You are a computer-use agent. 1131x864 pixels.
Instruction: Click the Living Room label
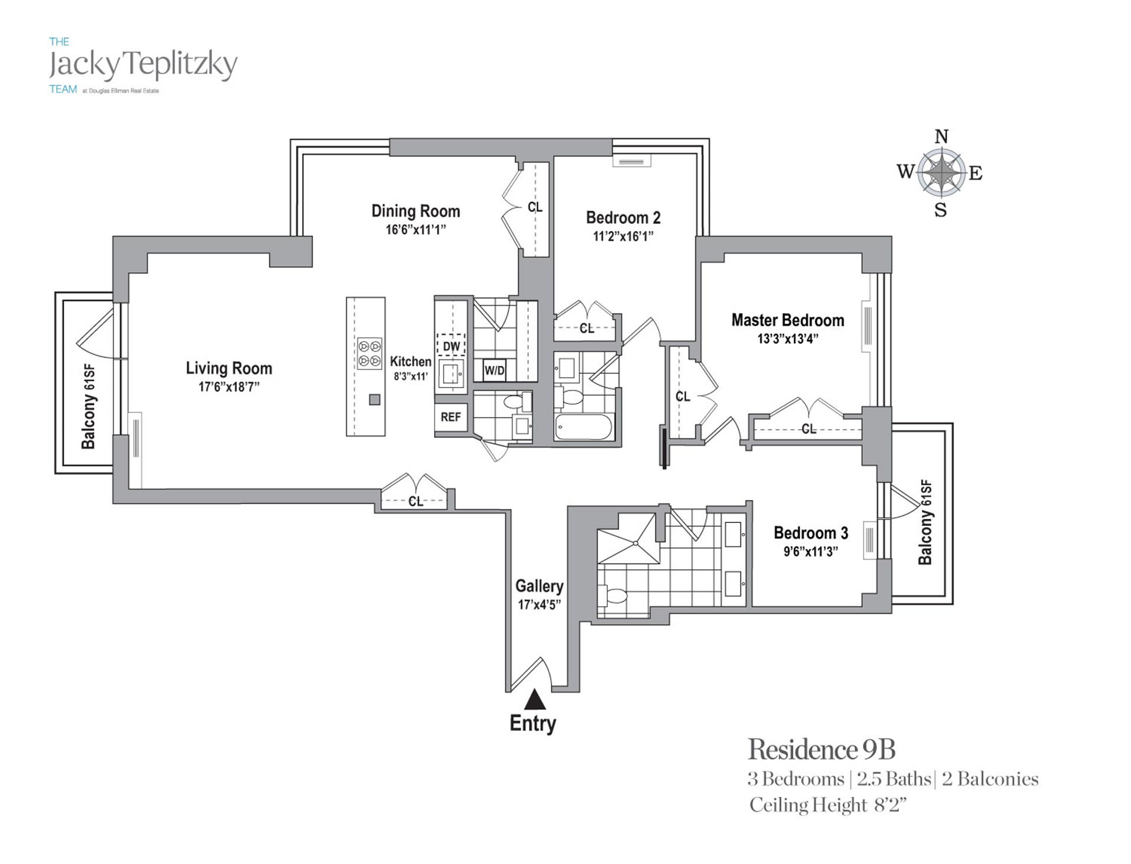click(x=229, y=369)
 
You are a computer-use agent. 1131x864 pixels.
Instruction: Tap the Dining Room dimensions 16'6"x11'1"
click(x=415, y=230)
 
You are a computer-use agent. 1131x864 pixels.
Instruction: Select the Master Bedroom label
click(x=788, y=320)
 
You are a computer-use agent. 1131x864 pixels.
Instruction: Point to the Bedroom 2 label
click(x=623, y=218)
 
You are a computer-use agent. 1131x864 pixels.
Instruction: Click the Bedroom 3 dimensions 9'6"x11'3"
click(x=811, y=552)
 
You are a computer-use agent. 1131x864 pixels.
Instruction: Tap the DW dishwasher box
click(x=451, y=346)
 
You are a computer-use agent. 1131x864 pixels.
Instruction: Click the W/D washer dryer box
click(x=494, y=370)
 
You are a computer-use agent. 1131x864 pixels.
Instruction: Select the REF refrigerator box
click(x=451, y=417)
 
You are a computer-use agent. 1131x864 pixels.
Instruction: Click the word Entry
click(x=533, y=723)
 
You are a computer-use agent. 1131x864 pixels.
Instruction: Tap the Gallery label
click(x=539, y=586)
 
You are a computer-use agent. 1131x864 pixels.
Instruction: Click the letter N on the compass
click(x=941, y=137)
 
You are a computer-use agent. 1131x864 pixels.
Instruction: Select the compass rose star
click(x=941, y=173)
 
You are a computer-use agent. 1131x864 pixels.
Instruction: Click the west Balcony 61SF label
click(x=88, y=406)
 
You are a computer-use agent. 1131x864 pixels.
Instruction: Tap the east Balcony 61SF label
click(x=925, y=522)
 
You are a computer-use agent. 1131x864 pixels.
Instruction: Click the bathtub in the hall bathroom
click(x=584, y=426)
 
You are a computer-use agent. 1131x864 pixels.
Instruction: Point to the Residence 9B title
click(x=821, y=750)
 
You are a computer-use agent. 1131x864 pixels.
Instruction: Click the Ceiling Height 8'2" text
click(x=827, y=805)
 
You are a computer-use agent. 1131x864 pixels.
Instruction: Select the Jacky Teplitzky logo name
click(x=143, y=65)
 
